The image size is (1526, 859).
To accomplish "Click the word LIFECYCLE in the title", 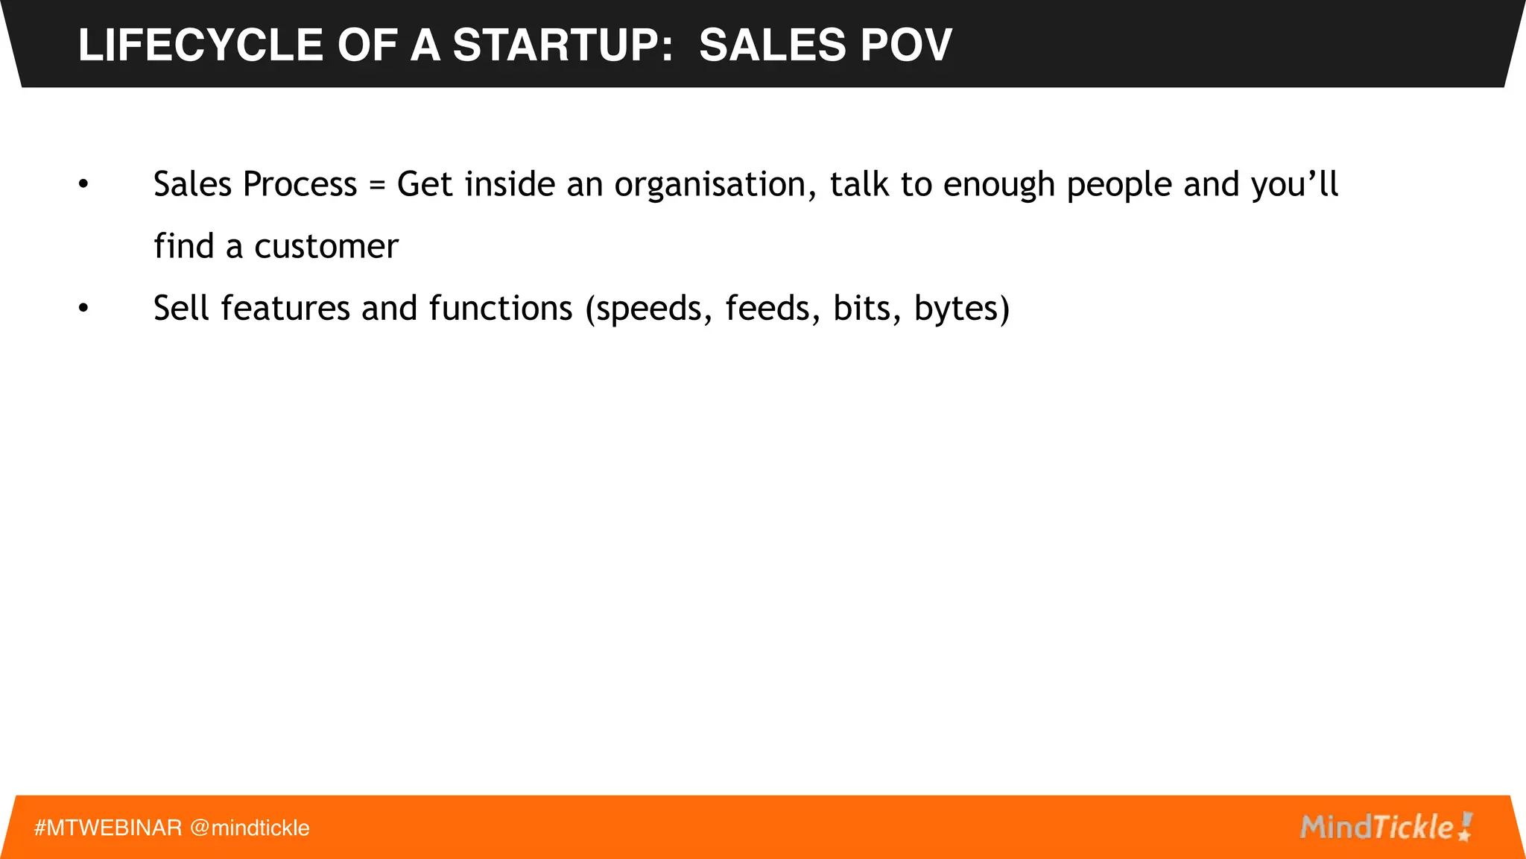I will pos(200,45).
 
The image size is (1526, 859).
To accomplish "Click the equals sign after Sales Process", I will pos(377,185).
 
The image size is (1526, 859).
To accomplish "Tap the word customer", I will pos(326,247).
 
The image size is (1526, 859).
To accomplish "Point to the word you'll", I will pos(1294,185).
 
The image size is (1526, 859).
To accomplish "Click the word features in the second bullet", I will pos(285,309).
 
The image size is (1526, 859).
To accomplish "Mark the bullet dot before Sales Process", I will pos(83,185).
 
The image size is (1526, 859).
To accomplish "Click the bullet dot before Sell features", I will pos(83,309).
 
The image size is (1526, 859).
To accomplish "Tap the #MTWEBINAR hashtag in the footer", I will pos(108,828).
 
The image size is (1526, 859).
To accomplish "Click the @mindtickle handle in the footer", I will pos(250,828).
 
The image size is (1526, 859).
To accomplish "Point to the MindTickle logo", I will pos(1386,827).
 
